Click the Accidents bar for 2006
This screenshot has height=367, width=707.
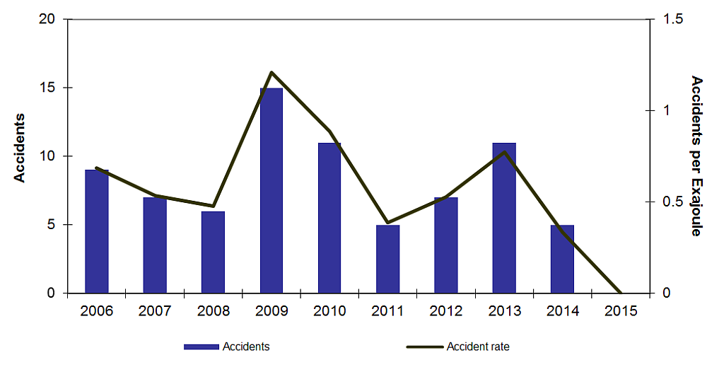97,231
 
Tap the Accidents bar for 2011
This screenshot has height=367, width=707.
387,259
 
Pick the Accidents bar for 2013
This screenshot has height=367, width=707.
504,218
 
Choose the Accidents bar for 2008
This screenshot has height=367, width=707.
213,252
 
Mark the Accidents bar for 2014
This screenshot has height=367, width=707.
562,259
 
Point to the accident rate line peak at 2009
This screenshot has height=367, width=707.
271,73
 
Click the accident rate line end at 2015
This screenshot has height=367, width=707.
620,293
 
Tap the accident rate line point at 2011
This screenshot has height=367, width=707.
387,223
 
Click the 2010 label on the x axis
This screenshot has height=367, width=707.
329,311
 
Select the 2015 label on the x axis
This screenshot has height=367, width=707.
621,311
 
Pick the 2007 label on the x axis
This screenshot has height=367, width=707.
155,311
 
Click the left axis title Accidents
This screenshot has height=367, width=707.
20,147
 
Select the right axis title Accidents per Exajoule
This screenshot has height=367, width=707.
696,156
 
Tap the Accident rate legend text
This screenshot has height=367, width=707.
477,347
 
